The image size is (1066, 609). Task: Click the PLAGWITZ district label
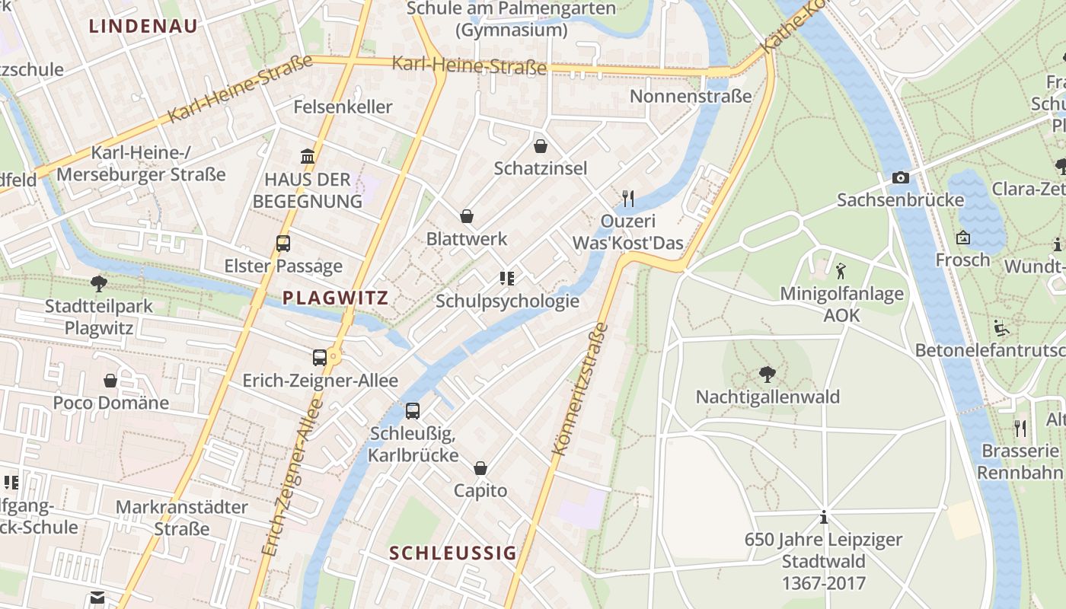coord(335,298)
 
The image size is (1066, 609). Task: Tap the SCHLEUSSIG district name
coord(453,553)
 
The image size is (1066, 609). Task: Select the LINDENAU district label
coord(143,26)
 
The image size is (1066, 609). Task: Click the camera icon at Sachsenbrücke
coord(900,177)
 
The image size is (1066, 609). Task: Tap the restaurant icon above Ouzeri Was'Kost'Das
coord(628,199)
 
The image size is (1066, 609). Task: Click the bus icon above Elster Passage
coord(283,244)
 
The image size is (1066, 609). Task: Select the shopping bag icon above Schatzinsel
coord(541,145)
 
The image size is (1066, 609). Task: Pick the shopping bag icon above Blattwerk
coord(467,217)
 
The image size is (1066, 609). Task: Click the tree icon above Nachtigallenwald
coord(768,374)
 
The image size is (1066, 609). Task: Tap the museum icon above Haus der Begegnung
coord(308,157)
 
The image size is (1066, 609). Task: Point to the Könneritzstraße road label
coord(580,389)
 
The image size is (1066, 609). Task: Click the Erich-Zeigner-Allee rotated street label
coord(292,480)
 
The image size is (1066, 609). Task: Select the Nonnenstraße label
coord(691,96)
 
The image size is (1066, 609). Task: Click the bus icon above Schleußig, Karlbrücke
coord(413,411)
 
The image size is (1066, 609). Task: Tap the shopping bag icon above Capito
coord(480,468)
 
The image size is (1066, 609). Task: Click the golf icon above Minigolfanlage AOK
coord(841,271)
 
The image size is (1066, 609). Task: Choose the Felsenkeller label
coord(343,107)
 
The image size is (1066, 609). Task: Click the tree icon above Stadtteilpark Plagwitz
coord(98,284)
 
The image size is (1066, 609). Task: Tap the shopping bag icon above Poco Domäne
coord(110,380)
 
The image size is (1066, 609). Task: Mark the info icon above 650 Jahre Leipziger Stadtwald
coord(824,518)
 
